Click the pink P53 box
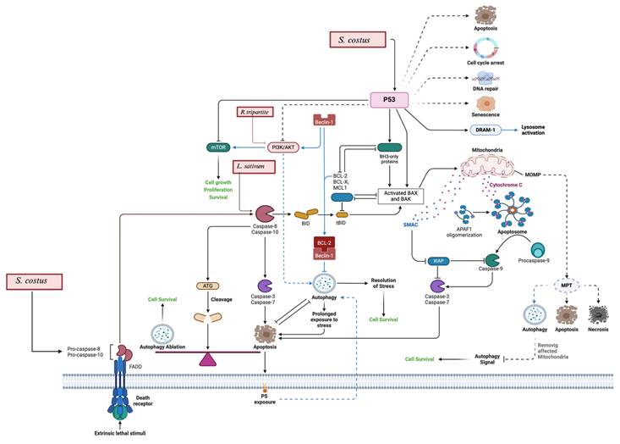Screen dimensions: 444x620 395,100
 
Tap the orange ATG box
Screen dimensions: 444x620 206,286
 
